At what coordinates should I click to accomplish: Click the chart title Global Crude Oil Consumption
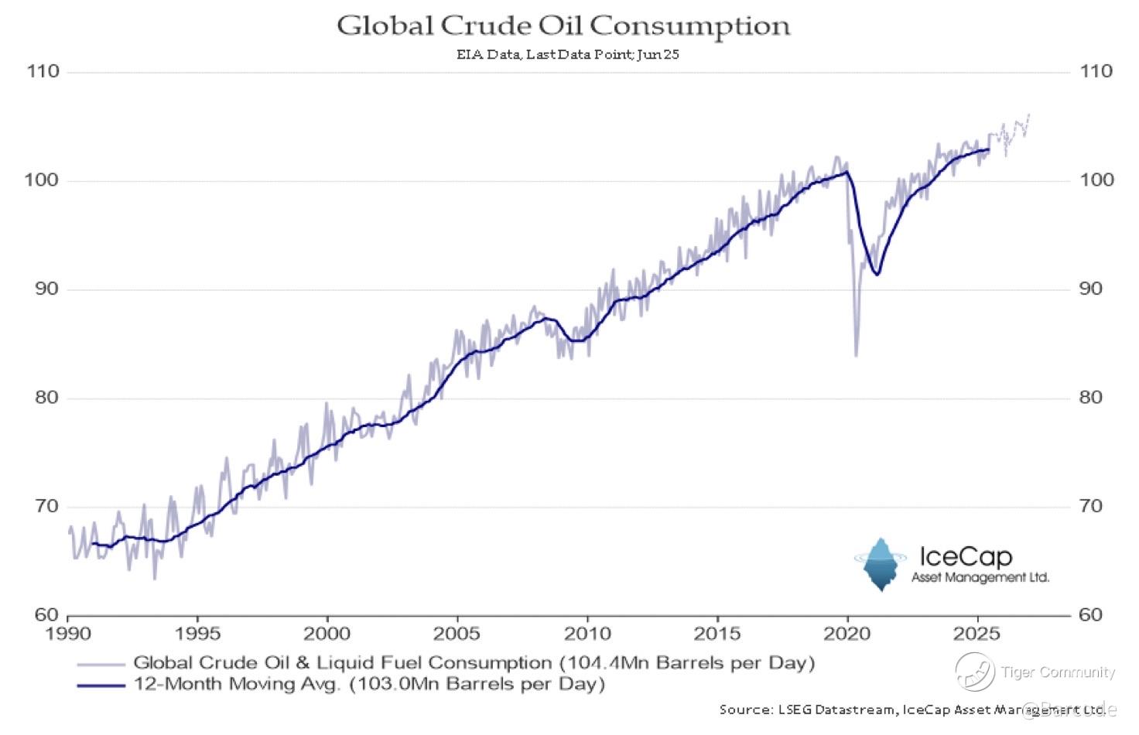click(x=563, y=26)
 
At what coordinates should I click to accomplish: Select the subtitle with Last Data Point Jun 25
click(x=567, y=55)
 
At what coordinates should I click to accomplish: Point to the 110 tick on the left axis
click(x=43, y=71)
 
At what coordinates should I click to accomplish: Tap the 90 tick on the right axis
click(x=1096, y=289)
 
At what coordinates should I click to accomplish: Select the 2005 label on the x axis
click(x=457, y=634)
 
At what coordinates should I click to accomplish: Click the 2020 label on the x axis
click(x=847, y=634)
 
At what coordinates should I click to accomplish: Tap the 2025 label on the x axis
click(x=977, y=634)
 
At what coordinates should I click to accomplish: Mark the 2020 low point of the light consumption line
click(x=856, y=355)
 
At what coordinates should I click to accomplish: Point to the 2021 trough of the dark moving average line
click(x=876, y=274)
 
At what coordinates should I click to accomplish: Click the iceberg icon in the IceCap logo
click(x=881, y=564)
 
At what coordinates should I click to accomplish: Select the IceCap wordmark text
click(x=965, y=557)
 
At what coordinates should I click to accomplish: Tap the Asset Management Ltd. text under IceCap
click(x=980, y=577)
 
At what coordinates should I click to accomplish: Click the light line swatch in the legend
click(x=101, y=664)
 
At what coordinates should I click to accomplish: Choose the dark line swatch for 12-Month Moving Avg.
click(x=101, y=685)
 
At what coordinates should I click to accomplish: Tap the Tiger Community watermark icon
click(x=974, y=671)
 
